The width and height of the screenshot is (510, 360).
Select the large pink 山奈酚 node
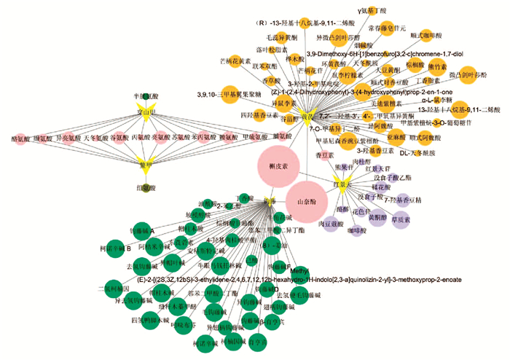302,200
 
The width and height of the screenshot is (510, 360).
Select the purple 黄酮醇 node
378,217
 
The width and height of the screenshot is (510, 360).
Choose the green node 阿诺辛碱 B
114,248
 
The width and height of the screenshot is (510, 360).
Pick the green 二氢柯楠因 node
111,289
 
